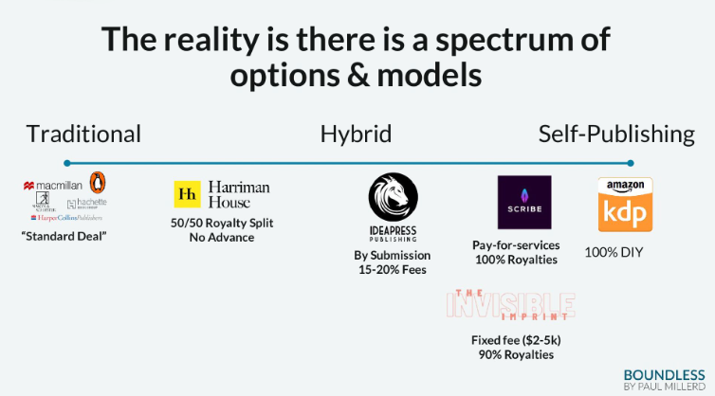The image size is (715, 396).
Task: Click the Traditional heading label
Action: click(x=83, y=134)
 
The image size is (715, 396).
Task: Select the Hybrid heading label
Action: click(x=356, y=134)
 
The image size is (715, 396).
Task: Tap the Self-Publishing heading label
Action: click(x=616, y=134)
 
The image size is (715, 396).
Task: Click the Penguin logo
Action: click(x=97, y=182)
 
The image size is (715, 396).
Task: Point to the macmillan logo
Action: click(x=54, y=186)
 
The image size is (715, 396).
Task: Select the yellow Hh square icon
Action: click(x=188, y=194)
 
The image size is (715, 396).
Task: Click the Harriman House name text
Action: click(x=240, y=194)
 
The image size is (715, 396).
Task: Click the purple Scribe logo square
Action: click(x=524, y=202)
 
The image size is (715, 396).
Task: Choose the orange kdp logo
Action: click(x=624, y=205)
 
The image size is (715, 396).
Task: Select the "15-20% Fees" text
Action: click(x=393, y=270)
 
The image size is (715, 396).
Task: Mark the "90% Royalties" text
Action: click(x=512, y=354)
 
